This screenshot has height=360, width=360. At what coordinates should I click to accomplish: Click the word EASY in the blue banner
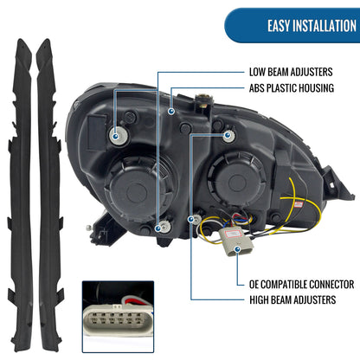point(279,26)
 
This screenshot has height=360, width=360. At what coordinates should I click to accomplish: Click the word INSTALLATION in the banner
point(325,26)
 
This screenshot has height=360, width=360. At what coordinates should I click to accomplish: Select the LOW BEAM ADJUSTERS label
point(291,72)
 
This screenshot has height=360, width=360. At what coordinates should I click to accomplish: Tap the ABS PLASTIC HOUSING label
point(292,88)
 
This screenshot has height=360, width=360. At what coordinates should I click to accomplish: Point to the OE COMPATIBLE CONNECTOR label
point(301,285)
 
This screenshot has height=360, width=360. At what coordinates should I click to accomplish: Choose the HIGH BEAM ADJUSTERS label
point(292,299)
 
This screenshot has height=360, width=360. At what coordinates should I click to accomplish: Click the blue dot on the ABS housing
point(171,111)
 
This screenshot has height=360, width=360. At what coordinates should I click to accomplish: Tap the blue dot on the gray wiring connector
point(237,248)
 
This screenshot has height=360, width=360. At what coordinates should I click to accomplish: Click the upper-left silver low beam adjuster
point(119,136)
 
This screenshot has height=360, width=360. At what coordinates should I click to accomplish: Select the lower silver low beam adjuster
point(164,227)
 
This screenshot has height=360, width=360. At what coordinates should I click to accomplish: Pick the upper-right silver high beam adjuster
point(228,136)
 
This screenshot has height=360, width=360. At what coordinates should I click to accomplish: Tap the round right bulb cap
point(237,180)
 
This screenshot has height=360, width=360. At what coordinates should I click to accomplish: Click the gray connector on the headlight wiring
point(236,241)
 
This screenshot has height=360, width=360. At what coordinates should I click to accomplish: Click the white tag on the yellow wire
point(298,205)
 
